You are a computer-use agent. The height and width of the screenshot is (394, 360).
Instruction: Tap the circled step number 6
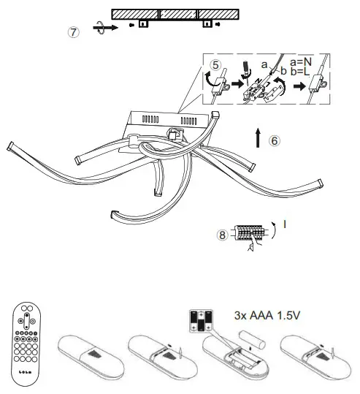tap(274, 140)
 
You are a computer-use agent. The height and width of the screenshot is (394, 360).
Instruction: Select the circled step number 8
tap(223, 235)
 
